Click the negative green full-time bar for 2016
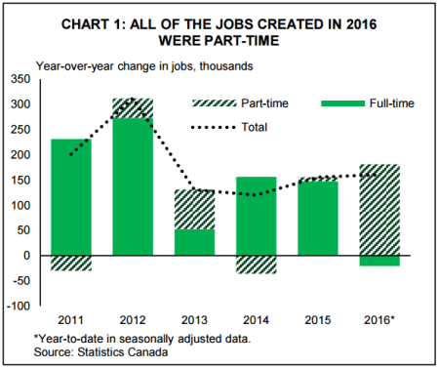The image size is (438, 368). (378, 261)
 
